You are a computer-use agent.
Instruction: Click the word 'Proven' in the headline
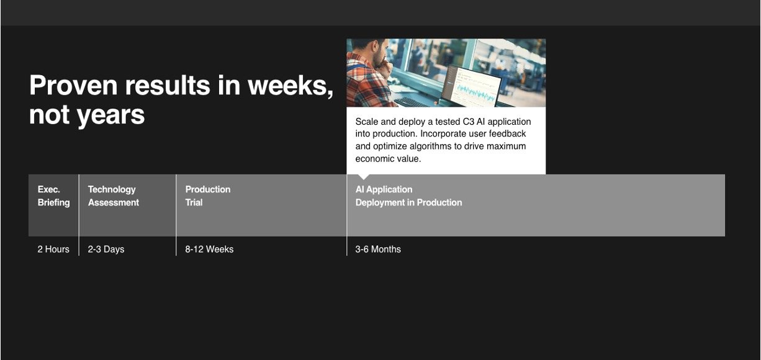click(x=73, y=85)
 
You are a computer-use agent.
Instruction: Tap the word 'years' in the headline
click(x=110, y=115)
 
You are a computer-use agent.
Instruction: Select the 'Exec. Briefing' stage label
click(x=53, y=196)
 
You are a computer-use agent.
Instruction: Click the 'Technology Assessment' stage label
click(x=114, y=196)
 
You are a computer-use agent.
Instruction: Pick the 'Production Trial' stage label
click(x=208, y=196)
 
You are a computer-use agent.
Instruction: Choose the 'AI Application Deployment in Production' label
click(x=408, y=196)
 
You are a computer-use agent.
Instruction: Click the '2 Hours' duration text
click(x=53, y=250)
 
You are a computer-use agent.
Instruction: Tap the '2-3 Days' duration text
click(x=106, y=250)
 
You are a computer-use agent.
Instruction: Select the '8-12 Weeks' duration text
click(x=209, y=250)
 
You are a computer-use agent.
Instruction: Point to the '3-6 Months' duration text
click(x=378, y=250)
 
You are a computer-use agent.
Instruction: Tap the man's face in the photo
click(x=379, y=53)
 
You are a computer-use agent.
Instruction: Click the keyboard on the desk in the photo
click(x=412, y=102)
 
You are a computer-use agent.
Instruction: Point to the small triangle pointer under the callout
click(x=364, y=177)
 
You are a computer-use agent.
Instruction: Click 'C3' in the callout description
click(x=469, y=122)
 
